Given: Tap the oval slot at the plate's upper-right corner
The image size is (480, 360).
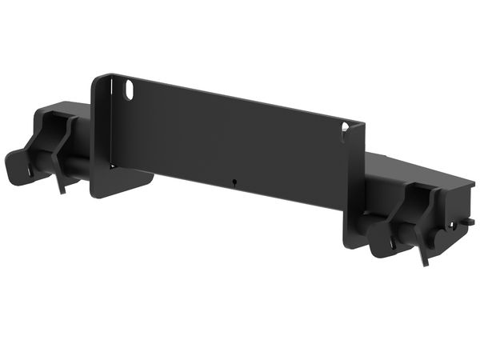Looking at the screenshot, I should tap(345, 128).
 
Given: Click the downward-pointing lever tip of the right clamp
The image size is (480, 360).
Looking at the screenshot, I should tap(423, 258).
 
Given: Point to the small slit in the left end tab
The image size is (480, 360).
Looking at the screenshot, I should tap(31, 170).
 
